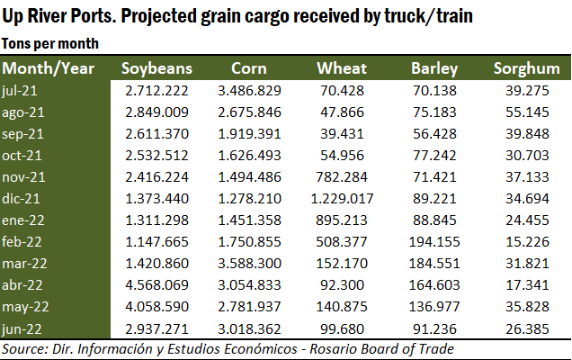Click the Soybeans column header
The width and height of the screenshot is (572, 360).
[x=156, y=69]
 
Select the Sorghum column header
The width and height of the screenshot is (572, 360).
[x=526, y=69]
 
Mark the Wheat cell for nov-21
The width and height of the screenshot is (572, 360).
[x=345, y=175]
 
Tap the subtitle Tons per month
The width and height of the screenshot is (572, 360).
[x=50, y=43]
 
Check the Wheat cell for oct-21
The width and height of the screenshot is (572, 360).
[x=345, y=153]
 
